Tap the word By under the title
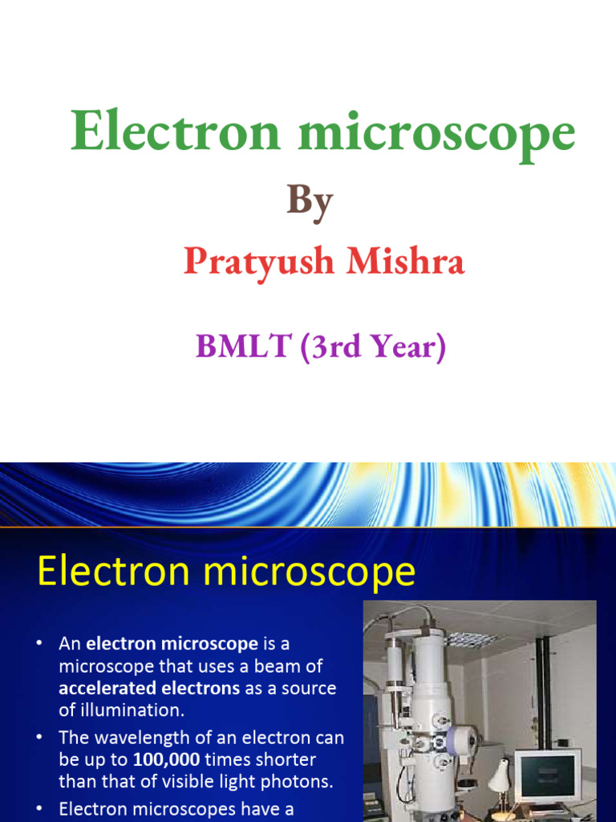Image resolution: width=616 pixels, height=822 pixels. tap(310, 200)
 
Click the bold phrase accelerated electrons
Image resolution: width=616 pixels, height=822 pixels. tap(149, 688)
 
